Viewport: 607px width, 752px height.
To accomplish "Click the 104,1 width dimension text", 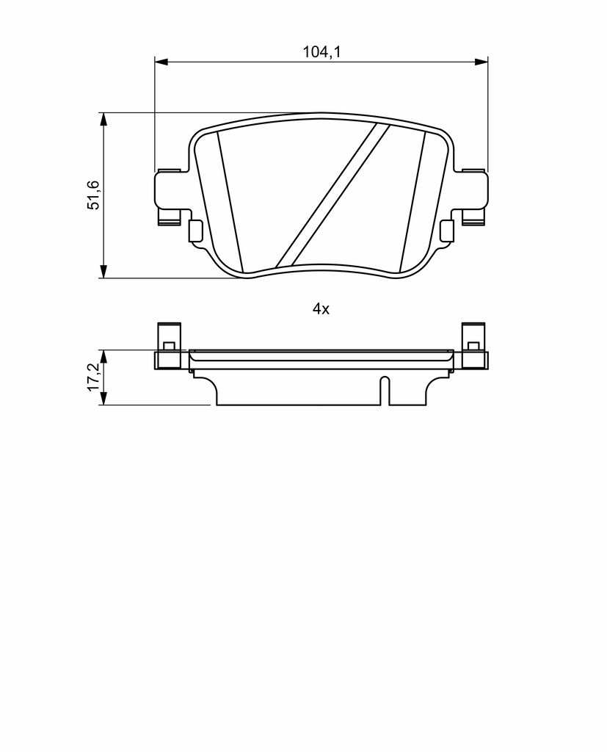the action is [321, 52].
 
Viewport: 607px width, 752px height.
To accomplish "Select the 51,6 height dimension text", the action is [92, 195].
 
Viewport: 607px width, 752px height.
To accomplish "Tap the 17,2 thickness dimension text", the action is [92, 377].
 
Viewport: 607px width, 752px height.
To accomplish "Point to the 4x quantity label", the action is [321, 309].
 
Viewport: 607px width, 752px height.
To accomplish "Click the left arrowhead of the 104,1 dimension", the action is [161, 62].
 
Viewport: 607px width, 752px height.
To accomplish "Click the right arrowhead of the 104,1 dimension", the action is [481, 62].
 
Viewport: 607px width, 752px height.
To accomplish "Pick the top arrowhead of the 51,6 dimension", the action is [103, 120].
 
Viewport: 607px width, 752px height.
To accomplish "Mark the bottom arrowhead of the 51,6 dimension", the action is [103, 272].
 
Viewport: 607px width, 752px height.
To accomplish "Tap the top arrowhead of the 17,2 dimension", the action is [103, 356].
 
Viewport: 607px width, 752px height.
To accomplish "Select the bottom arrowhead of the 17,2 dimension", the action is [103, 399].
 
